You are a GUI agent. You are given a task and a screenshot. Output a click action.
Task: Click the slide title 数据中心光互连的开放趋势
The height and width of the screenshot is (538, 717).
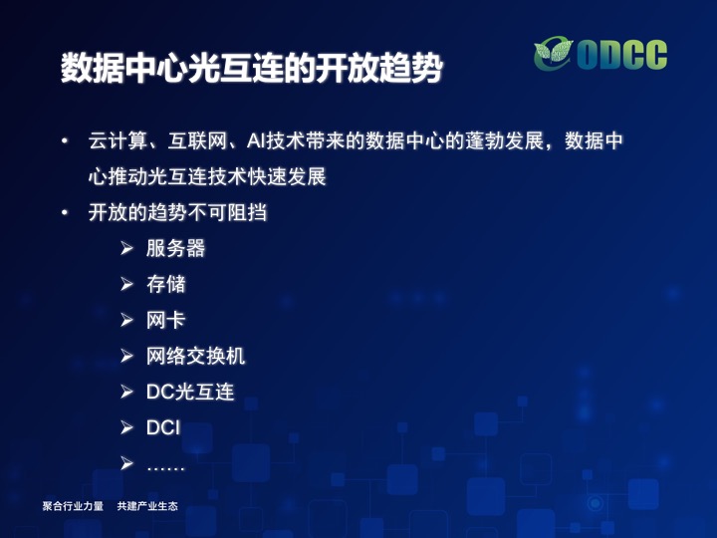point(252,68)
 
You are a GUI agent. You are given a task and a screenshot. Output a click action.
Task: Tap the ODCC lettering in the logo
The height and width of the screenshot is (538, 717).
point(621,55)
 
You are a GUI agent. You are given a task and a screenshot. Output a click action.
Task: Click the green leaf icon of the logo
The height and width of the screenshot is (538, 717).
point(554,53)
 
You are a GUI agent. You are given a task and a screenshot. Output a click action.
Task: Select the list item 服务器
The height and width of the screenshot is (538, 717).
point(175,248)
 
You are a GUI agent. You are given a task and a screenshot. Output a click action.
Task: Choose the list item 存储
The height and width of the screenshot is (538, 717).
point(166,284)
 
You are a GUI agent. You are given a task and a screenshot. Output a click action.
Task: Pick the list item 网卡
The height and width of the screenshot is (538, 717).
point(165,320)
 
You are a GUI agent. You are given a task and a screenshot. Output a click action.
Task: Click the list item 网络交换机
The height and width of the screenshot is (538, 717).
point(195,356)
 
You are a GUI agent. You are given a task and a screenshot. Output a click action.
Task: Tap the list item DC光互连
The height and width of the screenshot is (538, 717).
point(190,392)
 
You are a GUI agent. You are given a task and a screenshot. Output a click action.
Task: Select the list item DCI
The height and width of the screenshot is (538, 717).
point(163,427)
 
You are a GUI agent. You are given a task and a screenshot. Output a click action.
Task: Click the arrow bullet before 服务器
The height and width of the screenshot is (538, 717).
point(126,248)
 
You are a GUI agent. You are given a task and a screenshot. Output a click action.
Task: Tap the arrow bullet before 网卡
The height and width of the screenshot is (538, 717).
point(126,320)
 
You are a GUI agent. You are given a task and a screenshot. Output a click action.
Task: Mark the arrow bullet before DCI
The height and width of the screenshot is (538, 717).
point(126,427)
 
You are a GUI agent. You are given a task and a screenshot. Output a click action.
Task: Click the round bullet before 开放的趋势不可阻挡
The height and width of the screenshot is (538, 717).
point(65,212)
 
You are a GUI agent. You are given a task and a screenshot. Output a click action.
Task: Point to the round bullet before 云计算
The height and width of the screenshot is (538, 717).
point(65,140)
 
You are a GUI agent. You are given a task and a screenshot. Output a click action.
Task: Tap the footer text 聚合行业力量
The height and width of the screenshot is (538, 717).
point(73,506)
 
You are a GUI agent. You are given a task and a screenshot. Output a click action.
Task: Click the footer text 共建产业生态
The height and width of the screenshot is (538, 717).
point(147,506)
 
